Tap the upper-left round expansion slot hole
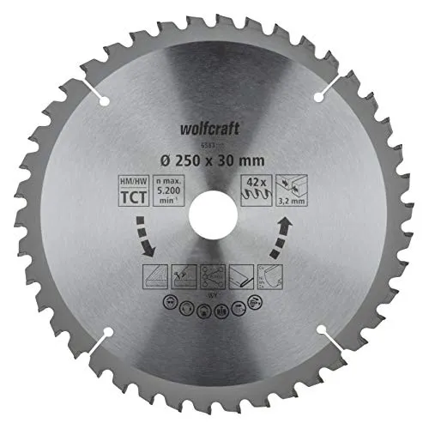point(105,100)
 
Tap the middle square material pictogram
point(214,277)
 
